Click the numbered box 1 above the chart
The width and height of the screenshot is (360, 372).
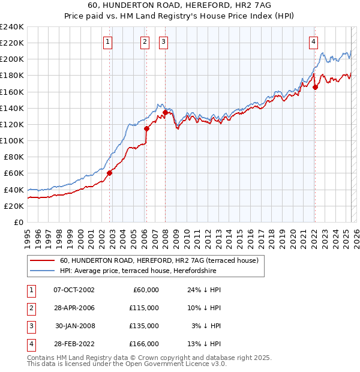[107, 41]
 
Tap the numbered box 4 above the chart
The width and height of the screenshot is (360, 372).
[314, 41]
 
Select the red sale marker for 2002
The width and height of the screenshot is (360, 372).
[110, 173]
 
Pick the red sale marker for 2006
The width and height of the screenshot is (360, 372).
[146, 128]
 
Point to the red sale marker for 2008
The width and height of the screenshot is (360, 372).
[165, 112]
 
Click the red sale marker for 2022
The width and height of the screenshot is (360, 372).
[315, 86]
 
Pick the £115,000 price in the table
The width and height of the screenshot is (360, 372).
[145, 308]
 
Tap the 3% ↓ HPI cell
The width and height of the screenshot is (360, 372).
[206, 326]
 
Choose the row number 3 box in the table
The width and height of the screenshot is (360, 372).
[29, 326]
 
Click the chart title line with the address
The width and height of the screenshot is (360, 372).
[180, 6]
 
